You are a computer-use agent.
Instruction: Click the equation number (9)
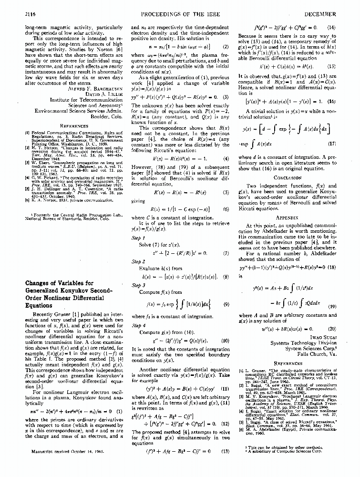pyautogui.click(x=226, y=304)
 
